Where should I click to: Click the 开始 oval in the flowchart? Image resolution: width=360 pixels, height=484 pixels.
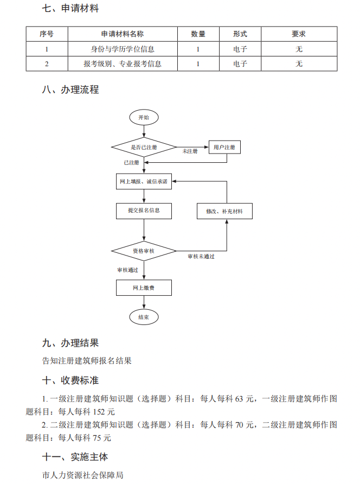click(x=144, y=117)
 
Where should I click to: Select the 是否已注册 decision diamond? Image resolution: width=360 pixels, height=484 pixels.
click(x=144, y=147)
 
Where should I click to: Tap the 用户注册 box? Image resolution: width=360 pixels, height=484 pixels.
click(x=224, y=147)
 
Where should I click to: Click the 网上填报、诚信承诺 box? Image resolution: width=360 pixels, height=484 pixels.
click(x=144, y=181)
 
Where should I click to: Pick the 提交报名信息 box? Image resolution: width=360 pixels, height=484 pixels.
click(x=144, y=211)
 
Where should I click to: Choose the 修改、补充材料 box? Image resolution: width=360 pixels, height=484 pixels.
click(x=224, y=211)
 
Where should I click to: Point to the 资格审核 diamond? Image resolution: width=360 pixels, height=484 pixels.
click(x=144, y=251)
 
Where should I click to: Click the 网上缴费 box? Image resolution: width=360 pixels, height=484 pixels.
click(x=144, y=288)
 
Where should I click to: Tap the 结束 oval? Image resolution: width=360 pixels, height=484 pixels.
click(x=144, y=317)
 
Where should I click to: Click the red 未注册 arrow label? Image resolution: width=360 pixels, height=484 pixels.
click(x=190, y=151)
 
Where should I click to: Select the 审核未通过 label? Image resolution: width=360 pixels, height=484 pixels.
click(x=201, y=256)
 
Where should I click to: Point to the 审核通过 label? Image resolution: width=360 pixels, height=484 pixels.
click(x=127, y=270)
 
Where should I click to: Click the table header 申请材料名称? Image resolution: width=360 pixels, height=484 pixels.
click(x=123, y=34)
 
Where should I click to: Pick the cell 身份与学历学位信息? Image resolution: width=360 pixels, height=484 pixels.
click(x=123, y=49)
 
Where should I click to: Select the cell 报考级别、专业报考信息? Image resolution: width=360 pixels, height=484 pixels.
click(x=123, y=63)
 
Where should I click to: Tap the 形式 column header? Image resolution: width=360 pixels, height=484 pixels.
click(x=240, y=34)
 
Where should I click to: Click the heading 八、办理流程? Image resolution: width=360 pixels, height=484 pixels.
click(x=70, y=90)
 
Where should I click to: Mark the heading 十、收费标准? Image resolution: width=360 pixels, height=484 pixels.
click(x=70, y=380)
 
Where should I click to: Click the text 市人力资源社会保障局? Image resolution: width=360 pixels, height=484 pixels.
click(x=83, y=475)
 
